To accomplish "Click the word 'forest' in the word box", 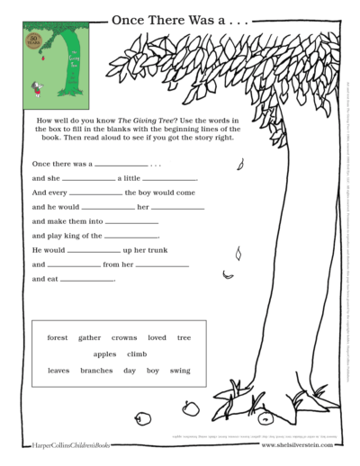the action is click(58, 338).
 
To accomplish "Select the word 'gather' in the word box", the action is click(90, 338).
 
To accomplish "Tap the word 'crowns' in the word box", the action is click(124, 338).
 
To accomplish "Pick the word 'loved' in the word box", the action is click(157, 338).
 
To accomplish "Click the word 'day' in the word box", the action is click(130, 371).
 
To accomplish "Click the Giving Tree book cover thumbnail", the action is click(54, 66).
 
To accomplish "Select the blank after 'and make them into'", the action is click(131, 222).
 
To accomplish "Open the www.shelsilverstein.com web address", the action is click(297, 444).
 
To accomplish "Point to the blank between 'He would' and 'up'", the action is click(94, 251).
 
